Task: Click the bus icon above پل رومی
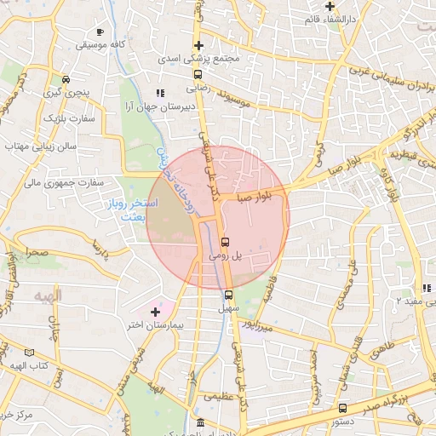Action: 224,241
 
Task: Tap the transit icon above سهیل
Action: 228,295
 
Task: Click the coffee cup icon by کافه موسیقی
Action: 100,32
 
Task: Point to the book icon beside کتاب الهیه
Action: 31,352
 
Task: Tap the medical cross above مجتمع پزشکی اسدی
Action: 198,46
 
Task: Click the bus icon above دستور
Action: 343,408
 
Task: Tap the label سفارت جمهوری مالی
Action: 64,181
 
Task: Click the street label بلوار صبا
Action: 255,197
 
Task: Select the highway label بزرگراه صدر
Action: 395,395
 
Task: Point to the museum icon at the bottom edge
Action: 200,423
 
